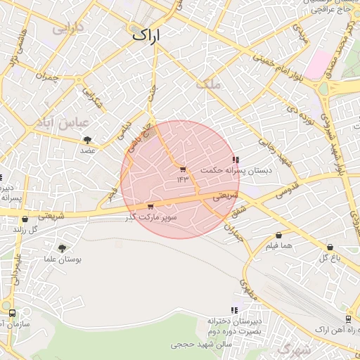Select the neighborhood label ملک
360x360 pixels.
pyautogui.click(x=210, y=84)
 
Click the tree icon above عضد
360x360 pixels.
pyautogui.click(x=86, y=141)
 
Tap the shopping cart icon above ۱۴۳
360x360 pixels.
pyautogui.click(x=183, y=169)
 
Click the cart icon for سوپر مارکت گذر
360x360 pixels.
pyautogui.click(x=150, y=207)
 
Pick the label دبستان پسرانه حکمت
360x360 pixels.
pyautogui.click(x=226, y=171)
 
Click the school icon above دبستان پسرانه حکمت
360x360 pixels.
pyautogui.click(x=235, y=160)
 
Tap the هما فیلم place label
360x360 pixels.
pyautogui.click(x=278, y=245)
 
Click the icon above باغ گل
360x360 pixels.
pyautogui.click(x=330, y=247)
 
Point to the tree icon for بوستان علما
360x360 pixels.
pyautogui.click(x=63, y=248)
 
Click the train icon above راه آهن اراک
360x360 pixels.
pyautogui.click(x=348, y=319)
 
